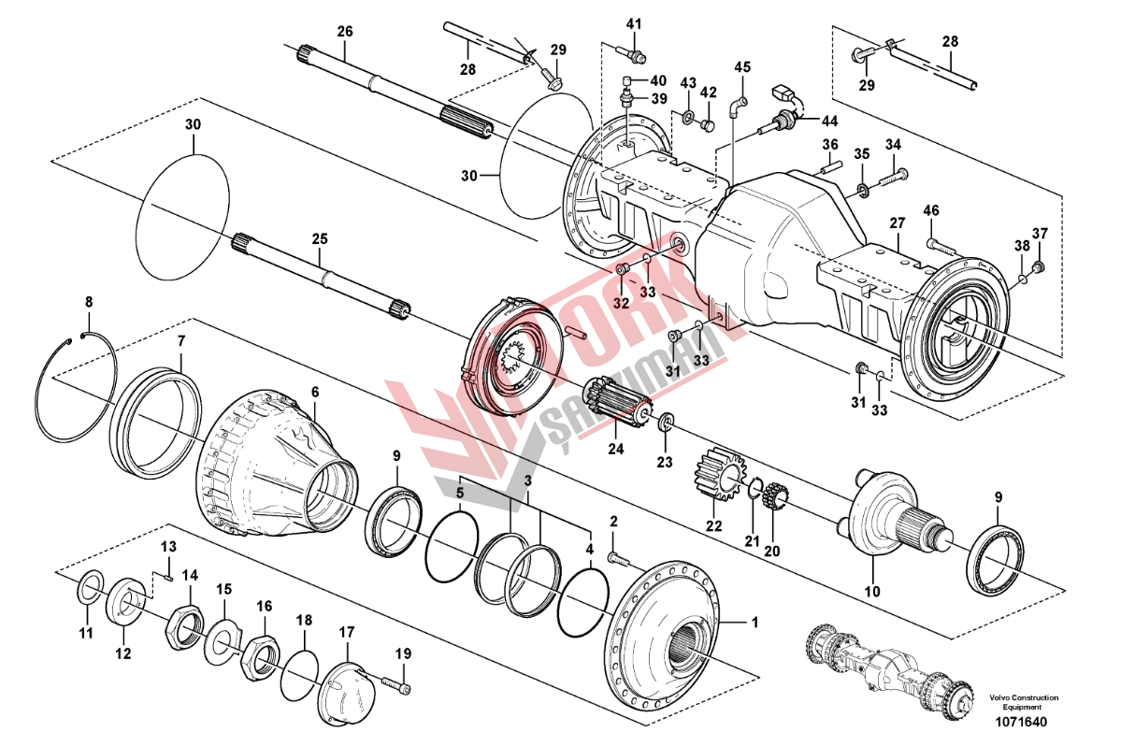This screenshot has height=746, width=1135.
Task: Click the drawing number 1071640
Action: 1022,722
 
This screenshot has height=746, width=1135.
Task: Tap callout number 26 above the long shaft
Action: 345,32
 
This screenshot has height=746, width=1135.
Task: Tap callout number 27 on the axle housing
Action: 898,224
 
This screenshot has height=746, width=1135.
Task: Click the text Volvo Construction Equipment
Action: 1024,702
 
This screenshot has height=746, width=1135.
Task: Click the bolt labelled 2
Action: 620,559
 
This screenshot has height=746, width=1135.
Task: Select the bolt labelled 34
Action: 894,175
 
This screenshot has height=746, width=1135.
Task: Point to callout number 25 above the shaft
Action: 320,240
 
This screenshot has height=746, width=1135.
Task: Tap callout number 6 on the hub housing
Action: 315,392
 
